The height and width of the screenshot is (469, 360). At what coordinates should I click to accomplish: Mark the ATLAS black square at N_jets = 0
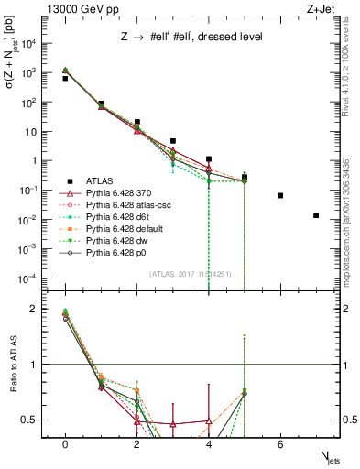pos(65,79)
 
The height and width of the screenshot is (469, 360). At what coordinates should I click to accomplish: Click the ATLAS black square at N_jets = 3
pos(173,141)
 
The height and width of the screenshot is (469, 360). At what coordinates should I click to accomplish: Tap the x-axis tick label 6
pos(280,445)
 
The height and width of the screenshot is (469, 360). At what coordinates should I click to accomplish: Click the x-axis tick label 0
pos(65,445)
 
